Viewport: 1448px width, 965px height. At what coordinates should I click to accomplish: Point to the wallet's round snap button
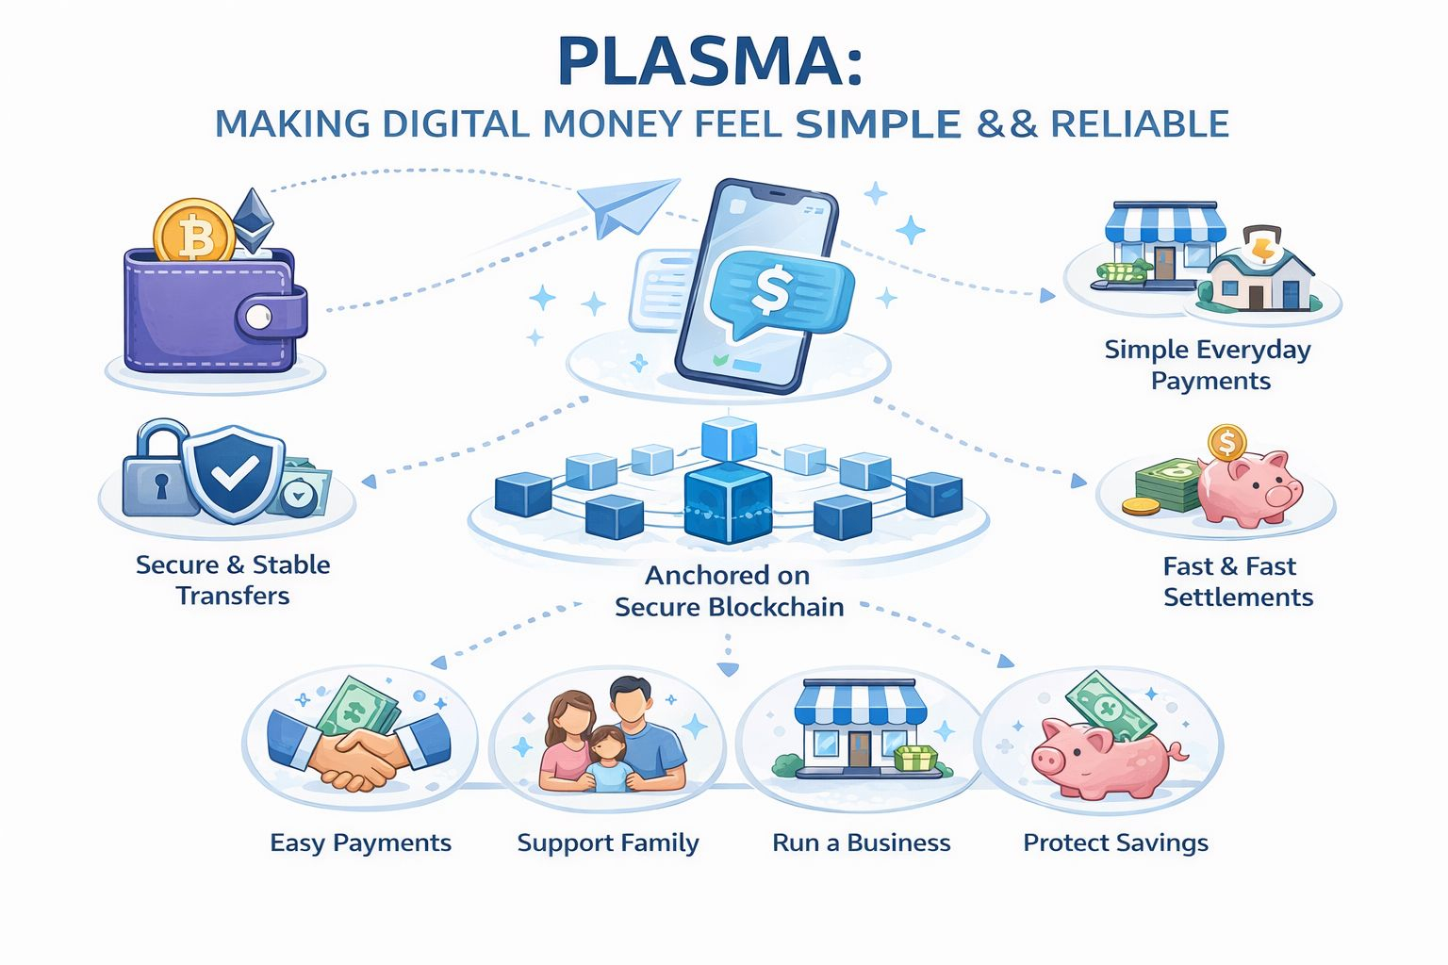(x=258, y=317)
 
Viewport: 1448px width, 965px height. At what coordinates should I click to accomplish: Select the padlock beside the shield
(x=160, y=471)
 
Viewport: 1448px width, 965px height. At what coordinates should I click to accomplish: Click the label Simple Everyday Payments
(x=1209, y=365)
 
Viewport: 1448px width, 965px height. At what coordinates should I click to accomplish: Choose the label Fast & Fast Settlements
(x=1236, y=581)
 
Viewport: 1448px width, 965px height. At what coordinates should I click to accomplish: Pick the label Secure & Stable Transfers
(x=233, y=580)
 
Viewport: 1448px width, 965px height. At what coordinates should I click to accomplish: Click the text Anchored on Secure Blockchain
(x=728, y=591)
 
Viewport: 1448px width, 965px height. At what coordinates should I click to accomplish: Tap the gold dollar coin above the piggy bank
(x=1226, y=441)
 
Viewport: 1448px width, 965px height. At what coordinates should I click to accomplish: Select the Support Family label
(x=608, y=842)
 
